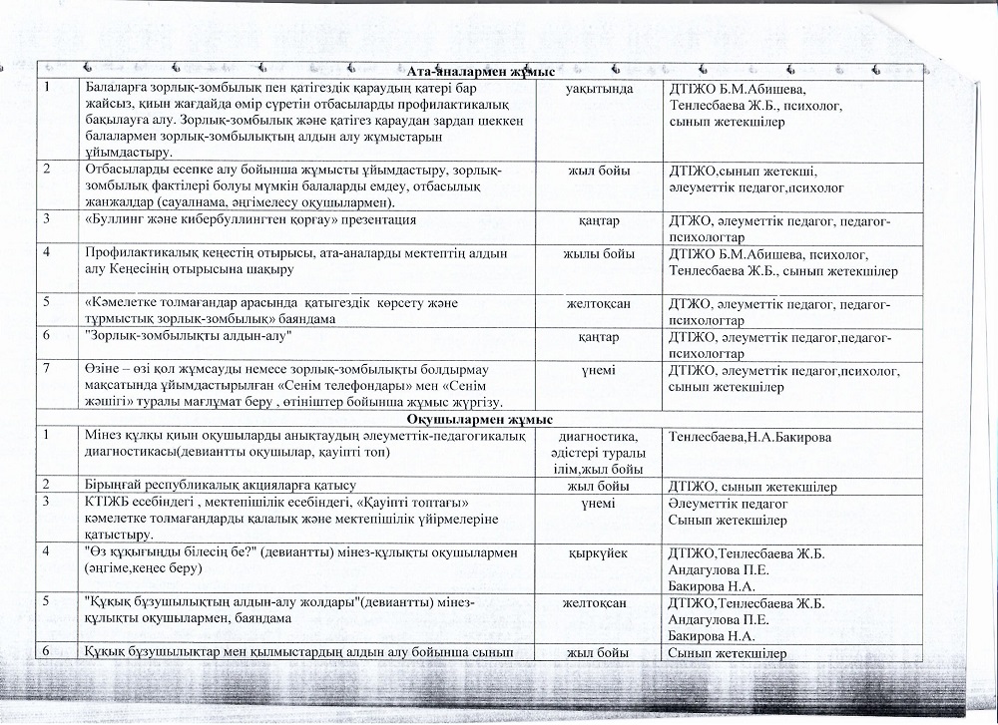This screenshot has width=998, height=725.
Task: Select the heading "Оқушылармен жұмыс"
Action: tap(481, 421)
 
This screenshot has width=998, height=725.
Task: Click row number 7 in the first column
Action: tap(48, 370)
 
